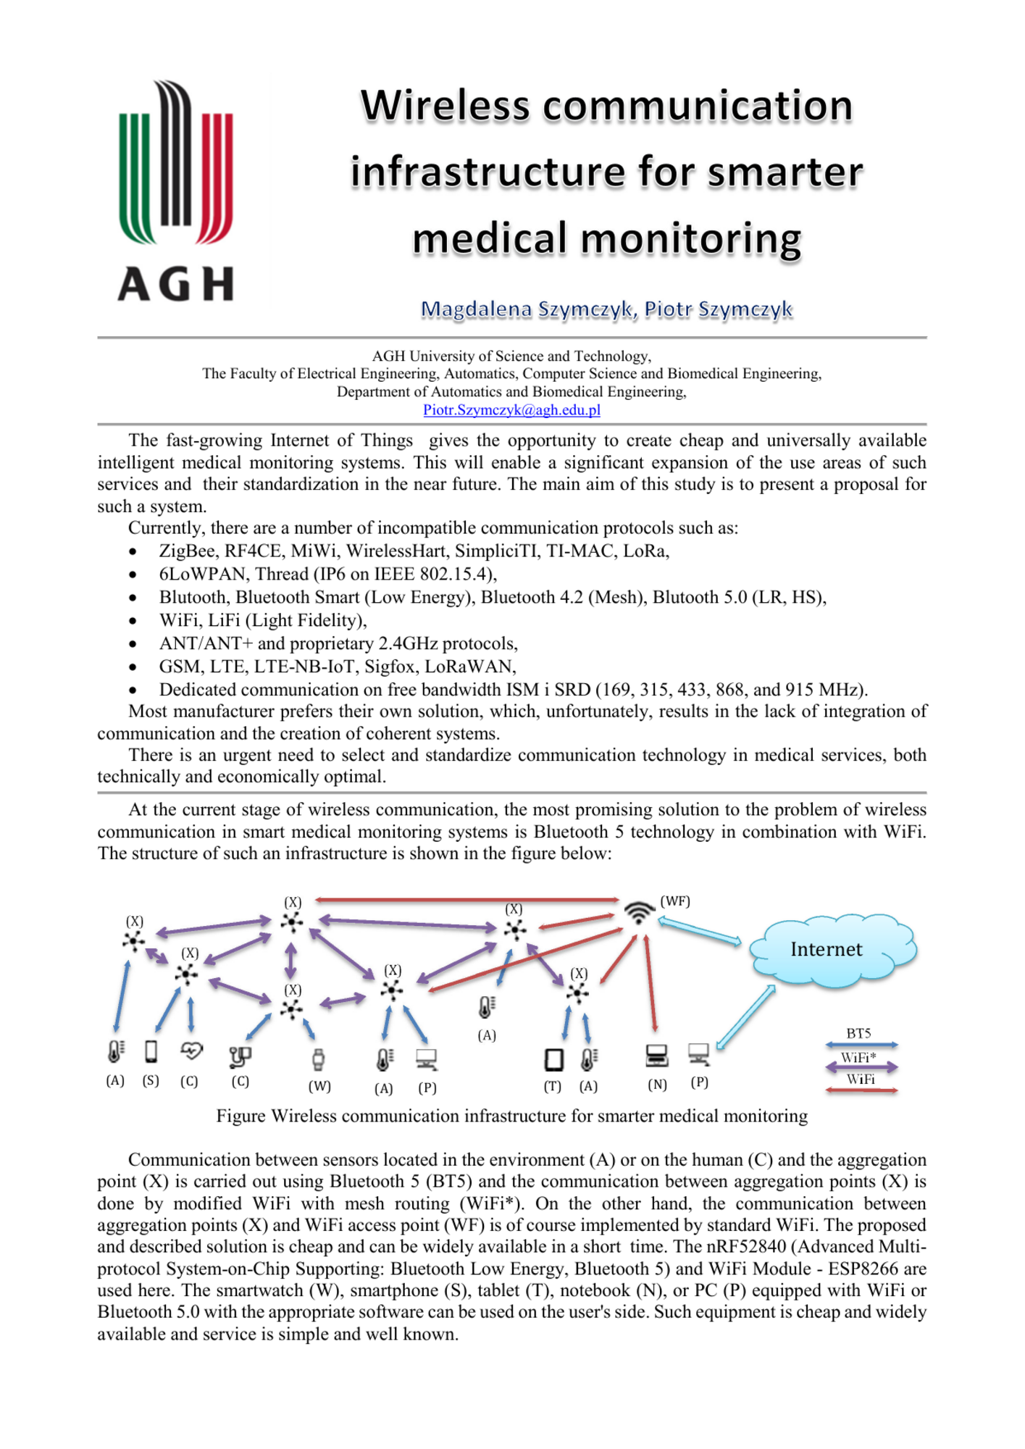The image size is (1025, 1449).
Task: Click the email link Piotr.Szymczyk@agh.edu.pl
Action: click(511, 410)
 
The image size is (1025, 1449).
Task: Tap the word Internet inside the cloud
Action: click(826, 949)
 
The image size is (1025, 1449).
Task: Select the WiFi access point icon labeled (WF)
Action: click(638, 911)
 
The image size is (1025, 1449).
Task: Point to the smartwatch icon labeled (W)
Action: click(318, 1059)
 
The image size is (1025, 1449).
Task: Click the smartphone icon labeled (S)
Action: click(151, 1051)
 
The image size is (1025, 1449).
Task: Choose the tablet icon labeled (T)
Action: click(553, 1059)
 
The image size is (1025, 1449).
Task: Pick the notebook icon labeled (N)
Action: click(656, 1056)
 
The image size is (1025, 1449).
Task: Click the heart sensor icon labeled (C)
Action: click(191, 1050)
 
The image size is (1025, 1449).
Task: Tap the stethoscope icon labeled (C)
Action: click(240, 1057)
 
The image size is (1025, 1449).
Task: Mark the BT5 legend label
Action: click(858, 1033)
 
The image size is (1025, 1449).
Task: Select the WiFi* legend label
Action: click(858, 1058)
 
